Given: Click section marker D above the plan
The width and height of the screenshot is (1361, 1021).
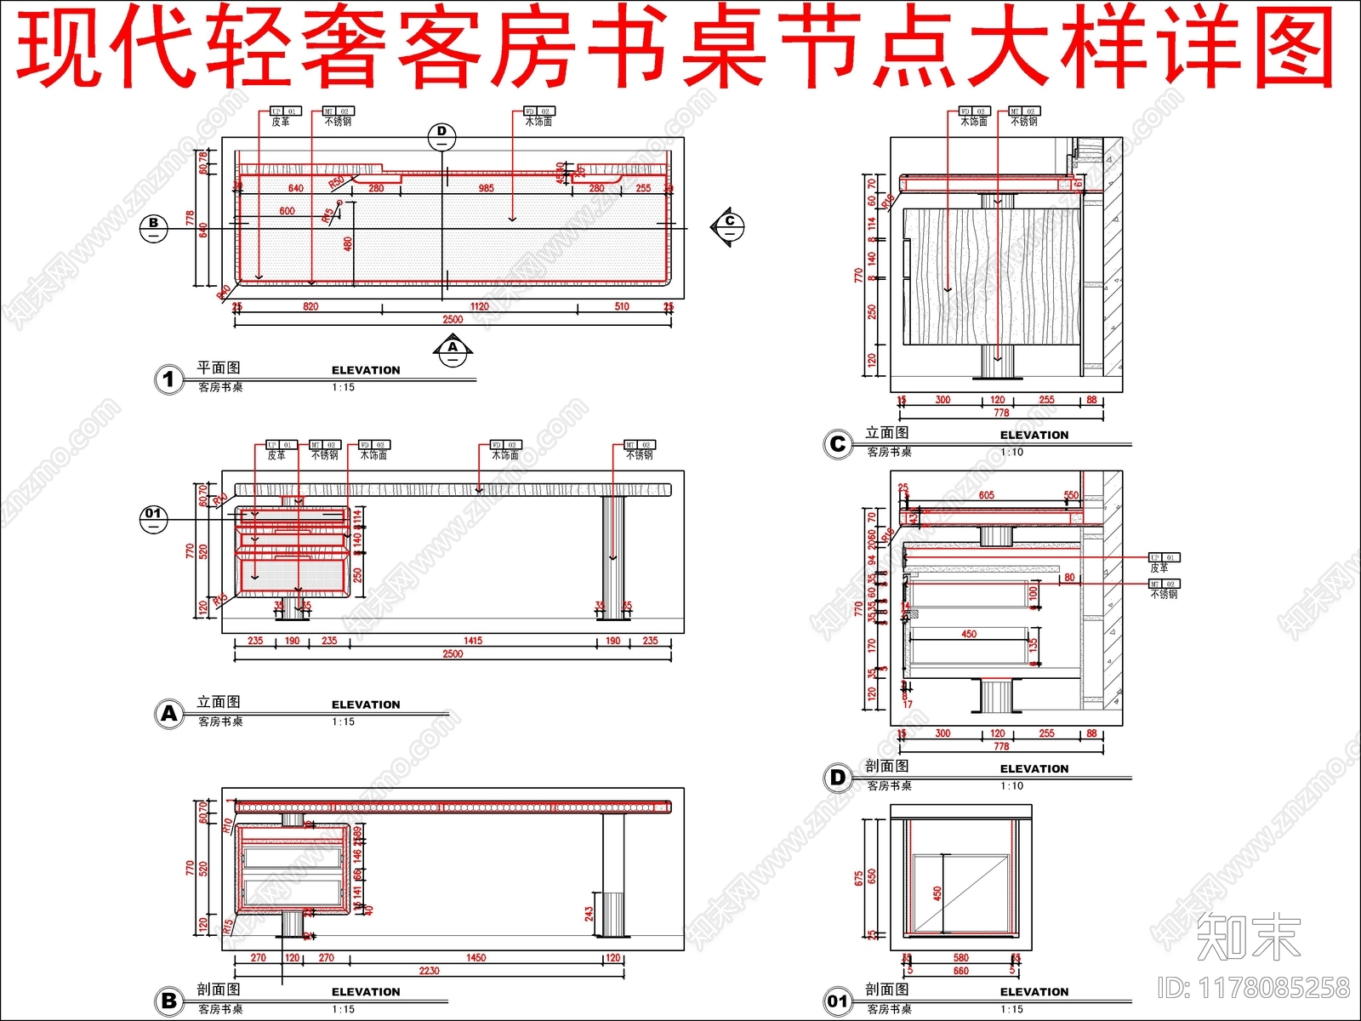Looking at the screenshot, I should [x=441, y=134].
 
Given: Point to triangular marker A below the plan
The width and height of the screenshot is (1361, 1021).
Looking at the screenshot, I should [x=453, y=350].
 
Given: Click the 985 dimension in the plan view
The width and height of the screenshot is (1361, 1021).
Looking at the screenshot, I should [x=486, y=188].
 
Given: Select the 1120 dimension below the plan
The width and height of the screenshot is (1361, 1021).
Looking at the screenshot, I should [x=479, y=306].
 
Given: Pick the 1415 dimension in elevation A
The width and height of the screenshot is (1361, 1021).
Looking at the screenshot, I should [x=473, y=641].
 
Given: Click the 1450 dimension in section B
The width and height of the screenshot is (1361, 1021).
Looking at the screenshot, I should [x=475, y=957].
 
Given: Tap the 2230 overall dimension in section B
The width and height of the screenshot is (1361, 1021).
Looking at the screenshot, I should [x=429, y=970].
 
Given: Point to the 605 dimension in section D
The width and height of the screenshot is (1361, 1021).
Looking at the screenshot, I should [x=986, y=495].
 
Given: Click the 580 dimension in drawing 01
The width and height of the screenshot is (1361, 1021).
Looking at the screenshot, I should [x=960, y=958].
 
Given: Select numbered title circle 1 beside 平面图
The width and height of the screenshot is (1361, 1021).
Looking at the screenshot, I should [x=169, y=379].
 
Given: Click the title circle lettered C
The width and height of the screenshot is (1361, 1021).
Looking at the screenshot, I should [x=838, y=444].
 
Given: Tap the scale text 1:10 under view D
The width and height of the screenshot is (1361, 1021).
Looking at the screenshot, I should [x=1012, y=786].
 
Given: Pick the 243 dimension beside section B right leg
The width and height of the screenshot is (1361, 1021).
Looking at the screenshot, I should [x=589, y=914].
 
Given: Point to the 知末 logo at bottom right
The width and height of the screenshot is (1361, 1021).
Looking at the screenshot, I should [x=1248, y=937].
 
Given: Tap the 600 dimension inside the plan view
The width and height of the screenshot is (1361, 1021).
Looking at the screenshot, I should [x=287, y=211].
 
